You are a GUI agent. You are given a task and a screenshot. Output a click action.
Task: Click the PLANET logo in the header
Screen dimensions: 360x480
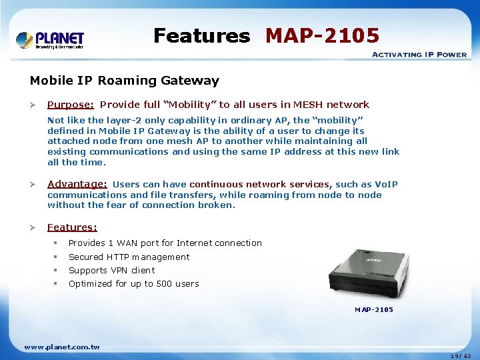coord(51,39)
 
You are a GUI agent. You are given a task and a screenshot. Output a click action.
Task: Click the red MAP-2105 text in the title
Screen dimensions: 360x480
coord(322,35)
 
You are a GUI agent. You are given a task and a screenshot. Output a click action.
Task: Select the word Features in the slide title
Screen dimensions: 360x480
coord(201,35)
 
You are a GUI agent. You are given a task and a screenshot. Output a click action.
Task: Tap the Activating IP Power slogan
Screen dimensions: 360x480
coord(419,54)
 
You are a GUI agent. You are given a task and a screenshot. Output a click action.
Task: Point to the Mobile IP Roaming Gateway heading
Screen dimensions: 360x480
coord(124,81)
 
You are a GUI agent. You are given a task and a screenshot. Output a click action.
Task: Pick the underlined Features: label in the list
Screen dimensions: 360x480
coord(72,227)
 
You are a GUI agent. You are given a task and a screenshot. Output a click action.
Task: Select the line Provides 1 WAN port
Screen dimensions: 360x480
coord(165,243)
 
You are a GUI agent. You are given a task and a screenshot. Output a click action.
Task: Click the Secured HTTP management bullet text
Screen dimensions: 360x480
coord(129,257)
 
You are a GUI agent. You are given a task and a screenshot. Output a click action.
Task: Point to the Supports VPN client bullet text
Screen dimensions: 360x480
coord(111,271)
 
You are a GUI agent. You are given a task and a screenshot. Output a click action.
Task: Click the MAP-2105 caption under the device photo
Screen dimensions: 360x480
coord(373,310)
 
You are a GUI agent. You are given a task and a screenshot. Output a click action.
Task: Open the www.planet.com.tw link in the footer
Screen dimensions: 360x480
coord(62,347)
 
